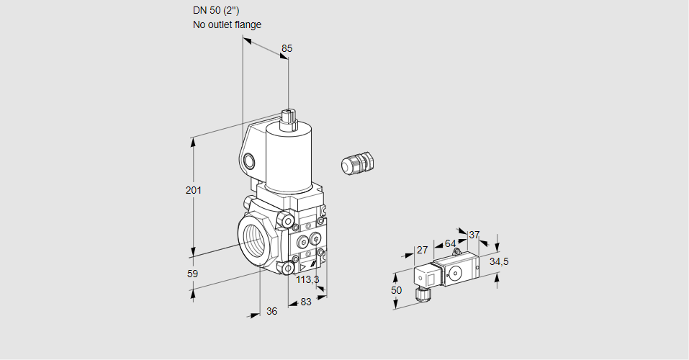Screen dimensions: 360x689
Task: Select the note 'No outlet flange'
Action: coord(227,24)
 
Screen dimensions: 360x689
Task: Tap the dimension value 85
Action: coord(287,48)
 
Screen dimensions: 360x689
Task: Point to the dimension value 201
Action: coord(194,190)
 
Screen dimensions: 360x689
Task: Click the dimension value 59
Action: coord(192,274)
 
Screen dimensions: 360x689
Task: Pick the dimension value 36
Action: coord(271,311)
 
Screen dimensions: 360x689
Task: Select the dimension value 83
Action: coord(306,302)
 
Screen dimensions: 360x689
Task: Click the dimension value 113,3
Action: coord(307,279)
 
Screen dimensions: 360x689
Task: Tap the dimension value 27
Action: coord(423,251)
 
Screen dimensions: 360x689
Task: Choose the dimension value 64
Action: coord(450,244)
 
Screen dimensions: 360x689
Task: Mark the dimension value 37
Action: coord(474,235)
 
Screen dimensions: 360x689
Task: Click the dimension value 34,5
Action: coord(499,261)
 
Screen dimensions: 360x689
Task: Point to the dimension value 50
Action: coord(396,289)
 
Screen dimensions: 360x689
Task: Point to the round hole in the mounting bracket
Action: coord(249,160)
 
